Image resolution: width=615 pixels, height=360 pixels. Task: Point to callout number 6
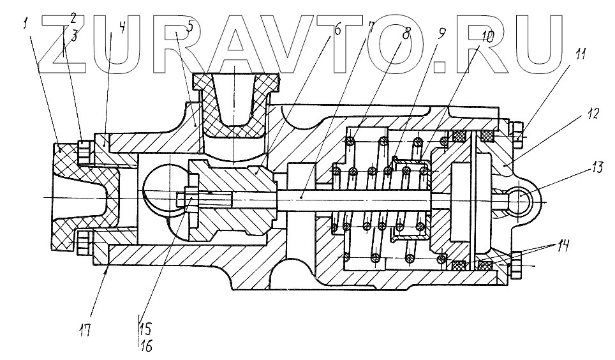[x=337, y=28]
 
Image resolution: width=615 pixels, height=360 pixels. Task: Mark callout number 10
[x=487, y=36]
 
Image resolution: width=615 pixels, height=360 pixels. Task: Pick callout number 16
[x=147, y=347]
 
